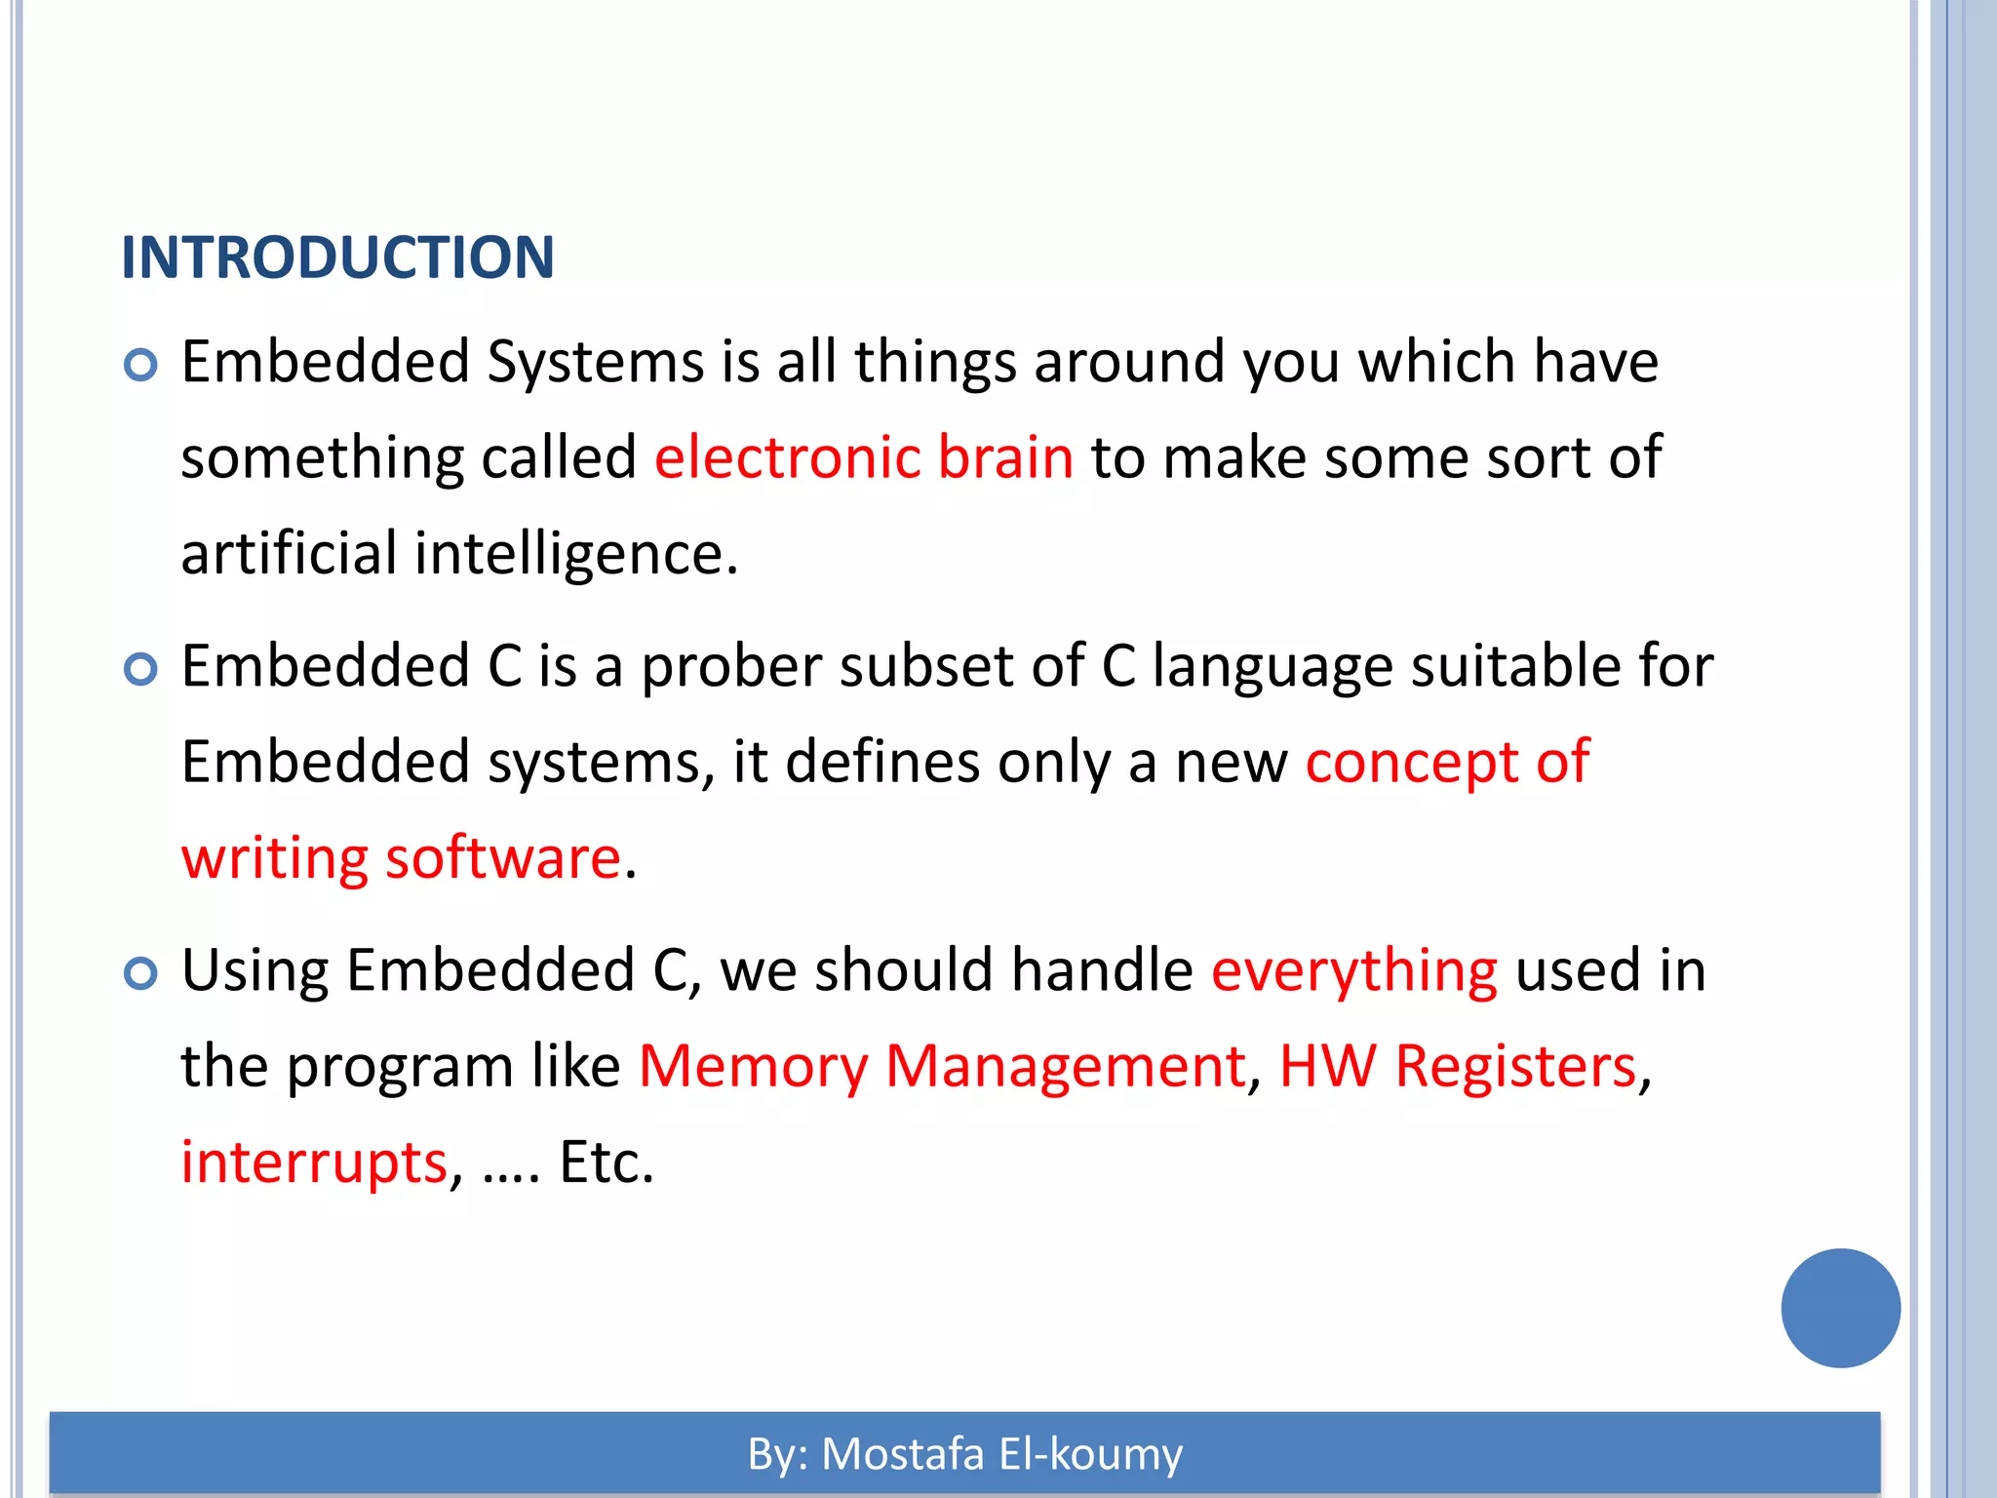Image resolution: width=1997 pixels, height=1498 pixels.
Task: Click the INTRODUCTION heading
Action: pos(337,257)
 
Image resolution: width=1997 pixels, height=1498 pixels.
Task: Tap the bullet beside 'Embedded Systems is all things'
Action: pos(141,366)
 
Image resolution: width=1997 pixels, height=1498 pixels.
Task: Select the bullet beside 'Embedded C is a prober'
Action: pos(141,670)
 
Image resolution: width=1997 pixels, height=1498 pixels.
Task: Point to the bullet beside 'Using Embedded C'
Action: pos(141,974)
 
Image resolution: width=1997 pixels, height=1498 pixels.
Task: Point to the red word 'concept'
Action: pos(1412,763)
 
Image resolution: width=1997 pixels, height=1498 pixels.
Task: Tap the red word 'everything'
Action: pos(1353,971)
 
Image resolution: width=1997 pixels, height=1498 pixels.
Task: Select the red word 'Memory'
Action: pos(753,1066)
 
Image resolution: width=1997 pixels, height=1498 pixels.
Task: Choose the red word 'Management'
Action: pos(1066,1066)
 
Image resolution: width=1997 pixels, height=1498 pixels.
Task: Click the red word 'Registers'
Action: pos(1515,1066)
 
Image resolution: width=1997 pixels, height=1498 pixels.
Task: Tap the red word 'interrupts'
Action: pos(314,1163)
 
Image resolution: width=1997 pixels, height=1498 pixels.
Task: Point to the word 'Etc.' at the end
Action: pos(606,1163)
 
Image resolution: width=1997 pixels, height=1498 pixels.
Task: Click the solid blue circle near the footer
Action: pos(1840,1308)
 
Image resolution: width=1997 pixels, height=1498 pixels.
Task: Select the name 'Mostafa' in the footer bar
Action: pos(903,1453)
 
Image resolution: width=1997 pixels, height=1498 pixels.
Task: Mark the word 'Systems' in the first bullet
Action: pos(595,363)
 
